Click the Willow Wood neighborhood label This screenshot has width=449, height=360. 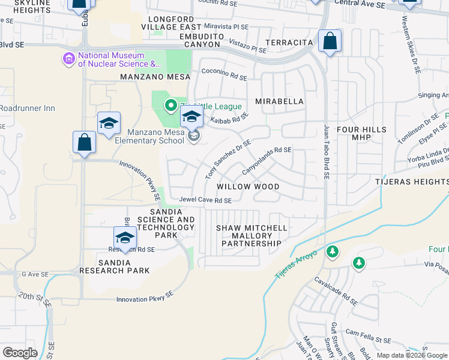pos(248,187)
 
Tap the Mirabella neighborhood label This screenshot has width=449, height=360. pos(280,101)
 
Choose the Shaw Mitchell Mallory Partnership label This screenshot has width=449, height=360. pos(248,236)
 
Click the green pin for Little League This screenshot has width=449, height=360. pos(170,106)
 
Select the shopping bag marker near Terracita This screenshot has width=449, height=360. pos(330,42)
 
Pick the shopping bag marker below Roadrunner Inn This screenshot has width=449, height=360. pos(84,143)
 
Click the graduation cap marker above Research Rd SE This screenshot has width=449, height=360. pos(125,237)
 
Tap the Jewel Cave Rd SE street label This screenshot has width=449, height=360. pos(205,200)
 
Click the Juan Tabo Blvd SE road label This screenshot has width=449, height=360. pos(327,152)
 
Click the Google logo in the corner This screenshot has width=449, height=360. pos(20,352)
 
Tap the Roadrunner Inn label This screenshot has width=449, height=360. pos(28,109)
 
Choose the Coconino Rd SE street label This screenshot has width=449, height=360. pos(224,77)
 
